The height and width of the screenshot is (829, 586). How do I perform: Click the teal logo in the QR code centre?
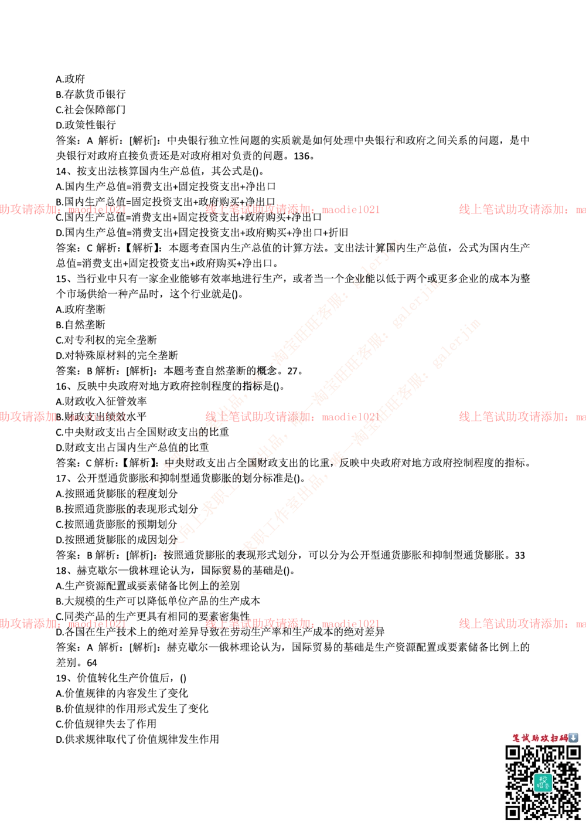(x=543, y=782)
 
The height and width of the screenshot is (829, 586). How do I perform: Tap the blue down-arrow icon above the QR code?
(x=574, y=738)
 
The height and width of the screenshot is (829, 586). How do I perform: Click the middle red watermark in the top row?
(x=292, y=209)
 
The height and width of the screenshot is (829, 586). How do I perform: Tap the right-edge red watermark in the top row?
(x=522, y=209)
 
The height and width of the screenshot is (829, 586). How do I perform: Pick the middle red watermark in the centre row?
(x=292, y=417)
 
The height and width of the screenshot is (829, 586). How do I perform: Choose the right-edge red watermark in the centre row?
(x=522, y=417)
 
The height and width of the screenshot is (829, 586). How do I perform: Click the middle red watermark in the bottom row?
(x=292, y=624)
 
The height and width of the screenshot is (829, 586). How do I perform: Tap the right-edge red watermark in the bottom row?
(x=522, y=624)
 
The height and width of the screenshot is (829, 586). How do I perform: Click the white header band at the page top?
(x=293, y=49)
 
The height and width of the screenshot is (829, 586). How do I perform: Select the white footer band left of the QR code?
(x=246, y=783)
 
